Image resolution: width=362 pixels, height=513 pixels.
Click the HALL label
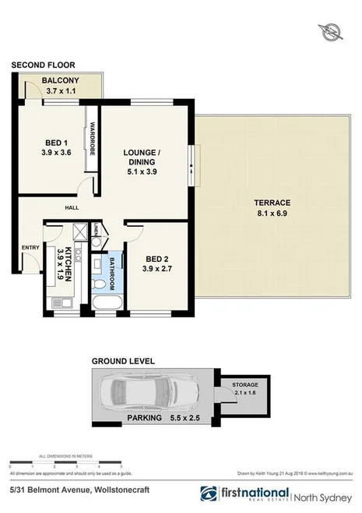pyautogui.click(x=73, y=207)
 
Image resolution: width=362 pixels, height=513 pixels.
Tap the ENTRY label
pyautogui.click(x=30, y=248)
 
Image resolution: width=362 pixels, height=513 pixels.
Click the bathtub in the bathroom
pyautogui.click(x=104, y=301)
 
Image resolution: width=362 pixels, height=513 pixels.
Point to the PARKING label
pyautogui.click(x=146, y=418)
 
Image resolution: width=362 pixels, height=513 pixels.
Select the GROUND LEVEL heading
pyautogui.click(x=123, y=362)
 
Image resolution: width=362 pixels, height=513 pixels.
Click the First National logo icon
pyautogui.click(x=209, y=494)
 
